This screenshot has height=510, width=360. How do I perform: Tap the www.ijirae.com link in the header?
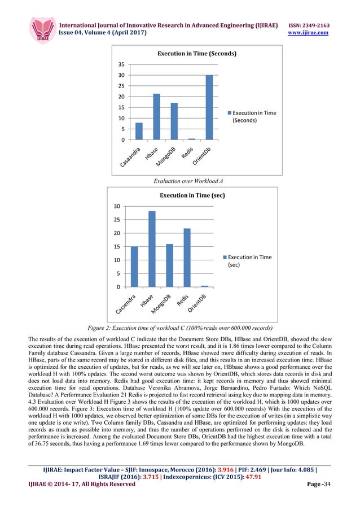coord(309,33)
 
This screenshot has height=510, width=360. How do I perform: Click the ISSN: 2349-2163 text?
coord(309,26)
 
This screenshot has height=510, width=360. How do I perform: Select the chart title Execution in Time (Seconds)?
coord(196,54)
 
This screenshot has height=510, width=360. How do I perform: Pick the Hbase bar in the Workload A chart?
coord(156,116)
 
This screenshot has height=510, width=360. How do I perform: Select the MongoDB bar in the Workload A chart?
coord(174,121)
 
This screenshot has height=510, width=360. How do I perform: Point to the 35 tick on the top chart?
coord(121,64)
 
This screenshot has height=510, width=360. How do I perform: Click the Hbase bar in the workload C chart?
coord(152,249)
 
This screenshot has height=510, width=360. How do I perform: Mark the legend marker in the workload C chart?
coord(222,258)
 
